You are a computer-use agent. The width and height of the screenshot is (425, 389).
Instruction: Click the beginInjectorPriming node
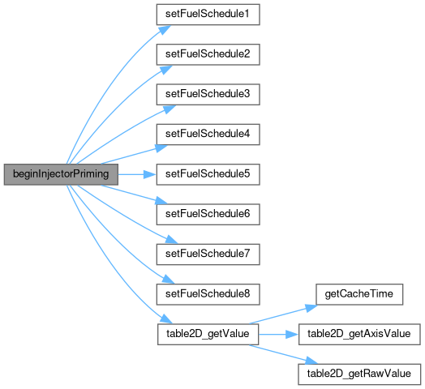click(61, 174)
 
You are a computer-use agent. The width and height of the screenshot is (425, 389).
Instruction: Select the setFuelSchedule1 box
click(208, 15)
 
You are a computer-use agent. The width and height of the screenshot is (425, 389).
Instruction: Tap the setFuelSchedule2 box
click(208, 54)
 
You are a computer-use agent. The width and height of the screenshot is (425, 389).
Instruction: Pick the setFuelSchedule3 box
click(208, 95)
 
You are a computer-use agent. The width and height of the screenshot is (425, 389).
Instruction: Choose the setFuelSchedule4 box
click(208, 135)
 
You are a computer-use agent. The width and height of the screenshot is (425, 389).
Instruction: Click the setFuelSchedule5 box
click(208, 174)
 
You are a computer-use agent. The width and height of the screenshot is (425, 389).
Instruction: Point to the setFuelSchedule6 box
click(208, 215)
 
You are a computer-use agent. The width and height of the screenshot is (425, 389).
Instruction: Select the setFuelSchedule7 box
click(208, 254)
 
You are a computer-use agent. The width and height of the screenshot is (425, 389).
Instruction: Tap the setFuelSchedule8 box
click(208, 294)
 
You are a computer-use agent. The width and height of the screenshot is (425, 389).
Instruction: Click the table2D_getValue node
click(208, 334)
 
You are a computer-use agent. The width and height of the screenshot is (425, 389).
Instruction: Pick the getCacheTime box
click(359, 294)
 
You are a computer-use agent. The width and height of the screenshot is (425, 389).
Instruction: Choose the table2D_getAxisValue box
click(359, 334)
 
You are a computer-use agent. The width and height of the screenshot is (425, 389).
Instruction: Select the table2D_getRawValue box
click(359, 374)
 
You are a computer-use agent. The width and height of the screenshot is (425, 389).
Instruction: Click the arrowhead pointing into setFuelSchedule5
click(150, 174)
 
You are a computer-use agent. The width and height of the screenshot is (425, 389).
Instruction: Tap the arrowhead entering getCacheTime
click(311, 308)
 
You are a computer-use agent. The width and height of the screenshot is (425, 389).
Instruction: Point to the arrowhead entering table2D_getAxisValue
click(292, 334)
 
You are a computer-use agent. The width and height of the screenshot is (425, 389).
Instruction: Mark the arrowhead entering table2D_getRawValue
click(311, 361)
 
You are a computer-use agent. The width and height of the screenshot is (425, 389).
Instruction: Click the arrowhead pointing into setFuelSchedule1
click(165, 30)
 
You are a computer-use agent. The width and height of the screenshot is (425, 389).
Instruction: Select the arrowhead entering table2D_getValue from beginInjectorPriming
click(166, 319)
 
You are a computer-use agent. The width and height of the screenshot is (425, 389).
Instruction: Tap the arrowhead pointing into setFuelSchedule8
click(168, 280)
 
